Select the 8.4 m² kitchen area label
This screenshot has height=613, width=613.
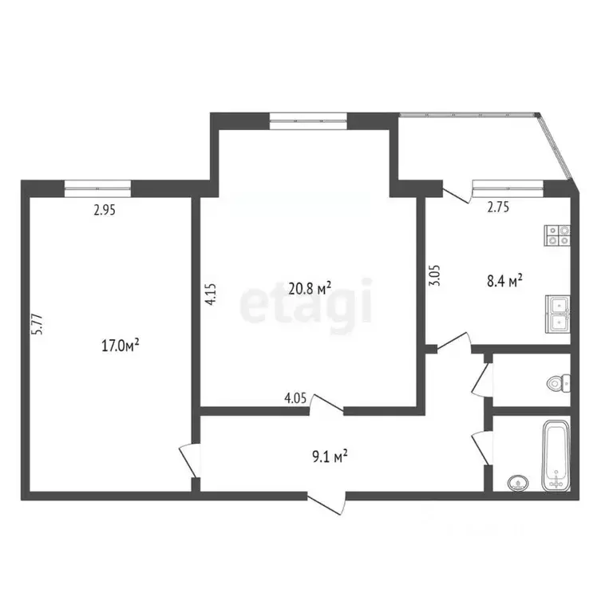[504, 280]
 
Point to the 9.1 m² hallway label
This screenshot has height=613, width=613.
[328, 457]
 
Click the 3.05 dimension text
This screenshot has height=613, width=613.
[434, 275]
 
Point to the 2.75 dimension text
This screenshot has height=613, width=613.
[499, 208]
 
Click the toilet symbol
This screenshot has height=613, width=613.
[557, 383]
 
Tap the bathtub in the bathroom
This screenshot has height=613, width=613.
[556, 457]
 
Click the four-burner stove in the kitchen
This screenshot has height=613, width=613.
[557, 235]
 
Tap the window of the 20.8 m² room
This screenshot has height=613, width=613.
[308, 121]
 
